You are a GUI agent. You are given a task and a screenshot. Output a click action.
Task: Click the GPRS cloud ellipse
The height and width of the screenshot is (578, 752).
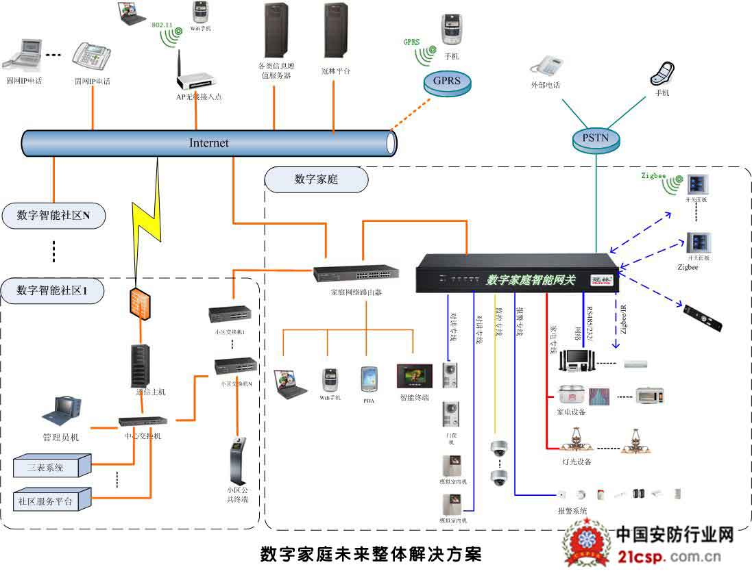tap(446, 82)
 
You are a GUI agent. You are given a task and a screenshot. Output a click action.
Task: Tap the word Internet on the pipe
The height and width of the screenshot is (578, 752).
tap(209, 143)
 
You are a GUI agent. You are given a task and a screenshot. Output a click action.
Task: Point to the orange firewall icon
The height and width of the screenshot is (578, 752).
tap(139, 301)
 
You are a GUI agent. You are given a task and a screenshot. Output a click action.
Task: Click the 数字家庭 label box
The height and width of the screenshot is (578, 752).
tap(316, 179)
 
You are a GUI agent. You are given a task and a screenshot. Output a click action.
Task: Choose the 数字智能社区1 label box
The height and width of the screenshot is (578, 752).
tap(52, 290)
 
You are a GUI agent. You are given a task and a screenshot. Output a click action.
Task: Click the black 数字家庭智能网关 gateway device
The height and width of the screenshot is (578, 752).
tap(518, 274)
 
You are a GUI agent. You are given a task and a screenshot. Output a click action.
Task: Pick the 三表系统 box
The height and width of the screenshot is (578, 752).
tap(51, 466)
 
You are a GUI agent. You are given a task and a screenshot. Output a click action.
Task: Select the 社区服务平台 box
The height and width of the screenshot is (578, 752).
tap(51, 499)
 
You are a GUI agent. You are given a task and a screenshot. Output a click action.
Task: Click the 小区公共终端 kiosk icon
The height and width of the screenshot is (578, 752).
tap(237, 460)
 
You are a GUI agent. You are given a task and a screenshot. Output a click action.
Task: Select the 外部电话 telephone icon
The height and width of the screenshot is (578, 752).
tap(546, 66)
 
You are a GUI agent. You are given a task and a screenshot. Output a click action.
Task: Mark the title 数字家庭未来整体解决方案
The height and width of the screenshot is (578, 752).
tap(371, 554)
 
